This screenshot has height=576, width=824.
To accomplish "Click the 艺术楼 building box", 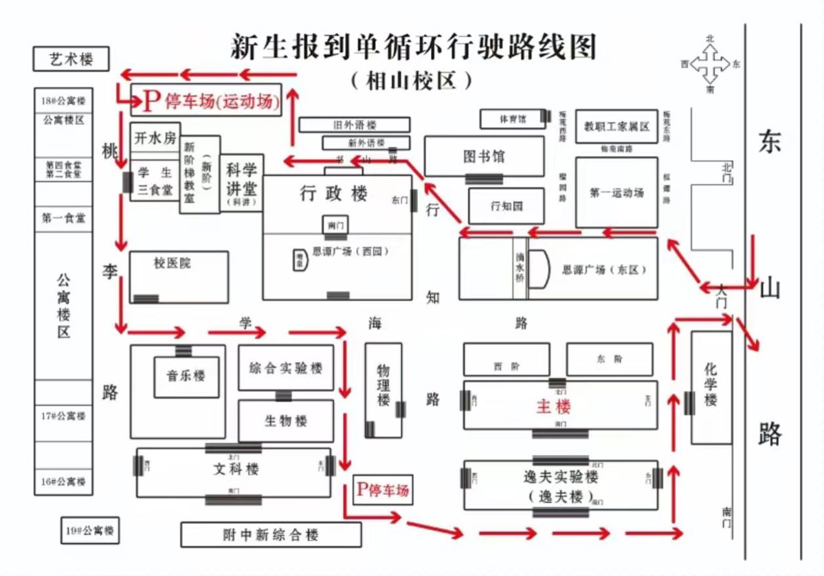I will click(x=71, y=59).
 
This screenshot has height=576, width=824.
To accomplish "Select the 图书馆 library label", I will click(x=483, y=157).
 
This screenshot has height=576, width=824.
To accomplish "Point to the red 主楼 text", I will click(x=553, y=406).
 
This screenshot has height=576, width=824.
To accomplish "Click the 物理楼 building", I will click(x=383, y=390).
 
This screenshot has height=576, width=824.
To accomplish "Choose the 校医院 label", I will click(x=172, y=263).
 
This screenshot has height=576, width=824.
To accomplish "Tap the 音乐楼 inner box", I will click(x=186, y=376).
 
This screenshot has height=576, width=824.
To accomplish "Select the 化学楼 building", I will click(x=711, y=387).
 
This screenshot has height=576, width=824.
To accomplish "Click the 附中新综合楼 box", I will click(x=271, y=535).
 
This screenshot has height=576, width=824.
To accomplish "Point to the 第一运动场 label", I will click(x=616, y=193).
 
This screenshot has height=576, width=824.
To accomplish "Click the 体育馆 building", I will click(x=513, y=119).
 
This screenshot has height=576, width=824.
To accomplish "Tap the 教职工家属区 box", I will click(x=616, y=126).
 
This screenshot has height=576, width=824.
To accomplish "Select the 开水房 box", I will click(x=155, y=138).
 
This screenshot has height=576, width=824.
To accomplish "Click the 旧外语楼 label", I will click(x=355, y=125).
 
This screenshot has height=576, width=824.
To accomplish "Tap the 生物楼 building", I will click(x=285, y=421).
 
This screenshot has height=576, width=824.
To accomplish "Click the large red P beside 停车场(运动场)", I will click(x=151, y=101).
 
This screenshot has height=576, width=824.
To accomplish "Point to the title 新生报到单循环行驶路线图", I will click(x=412, y=48).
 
